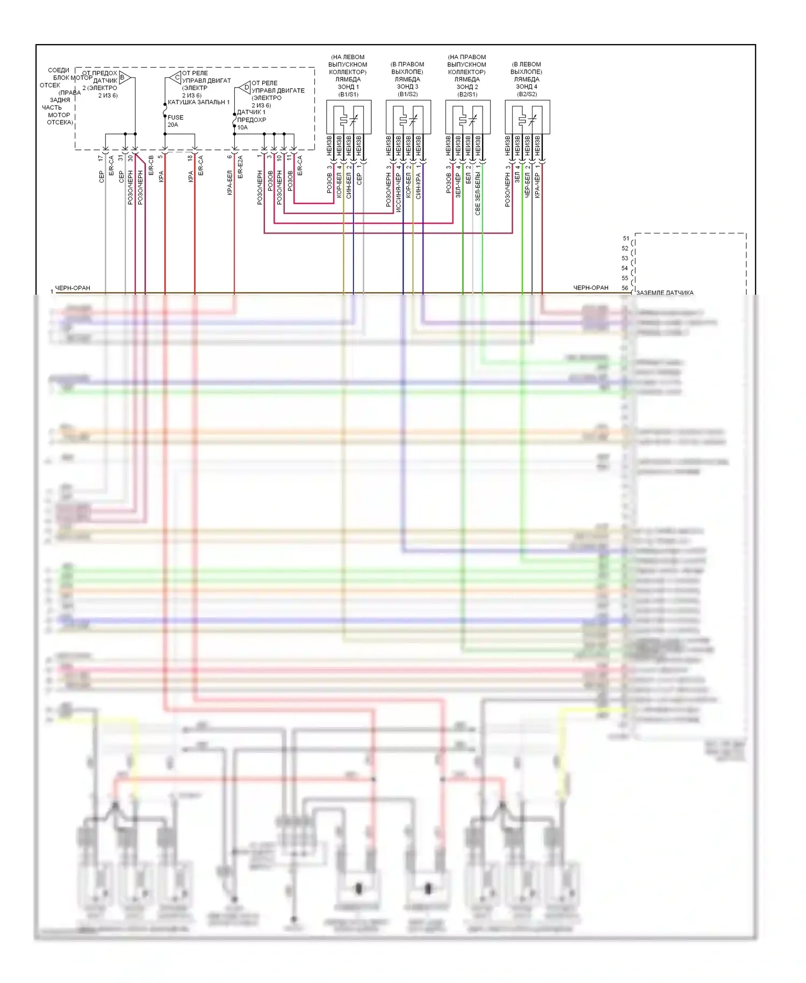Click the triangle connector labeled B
(124, 77)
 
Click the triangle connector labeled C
(176, 77)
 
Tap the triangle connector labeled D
(245, 87)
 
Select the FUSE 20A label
(175, 121)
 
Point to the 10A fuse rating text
(242, 127)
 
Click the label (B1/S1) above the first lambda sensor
(348, 94)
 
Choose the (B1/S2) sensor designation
(407, 94)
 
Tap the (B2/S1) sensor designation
(467, 94)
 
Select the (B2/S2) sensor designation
(527, 94)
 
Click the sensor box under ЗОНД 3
(408, 117)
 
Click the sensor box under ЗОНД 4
(527, 117)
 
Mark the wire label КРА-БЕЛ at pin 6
(230, 183)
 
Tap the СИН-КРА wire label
(419, 186)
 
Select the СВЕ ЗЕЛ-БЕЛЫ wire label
(478, 194)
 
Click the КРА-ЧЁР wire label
(537, 186)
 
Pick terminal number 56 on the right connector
(625, 288)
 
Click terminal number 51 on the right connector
(626, 238)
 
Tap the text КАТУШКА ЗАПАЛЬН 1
(198, 102)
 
